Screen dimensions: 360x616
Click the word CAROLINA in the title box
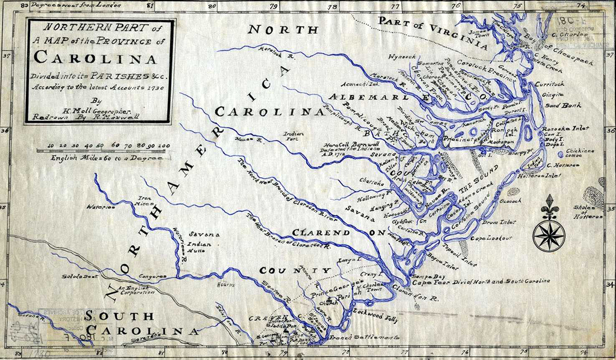95,58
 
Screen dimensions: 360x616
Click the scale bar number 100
163,146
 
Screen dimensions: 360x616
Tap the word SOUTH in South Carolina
119,316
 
